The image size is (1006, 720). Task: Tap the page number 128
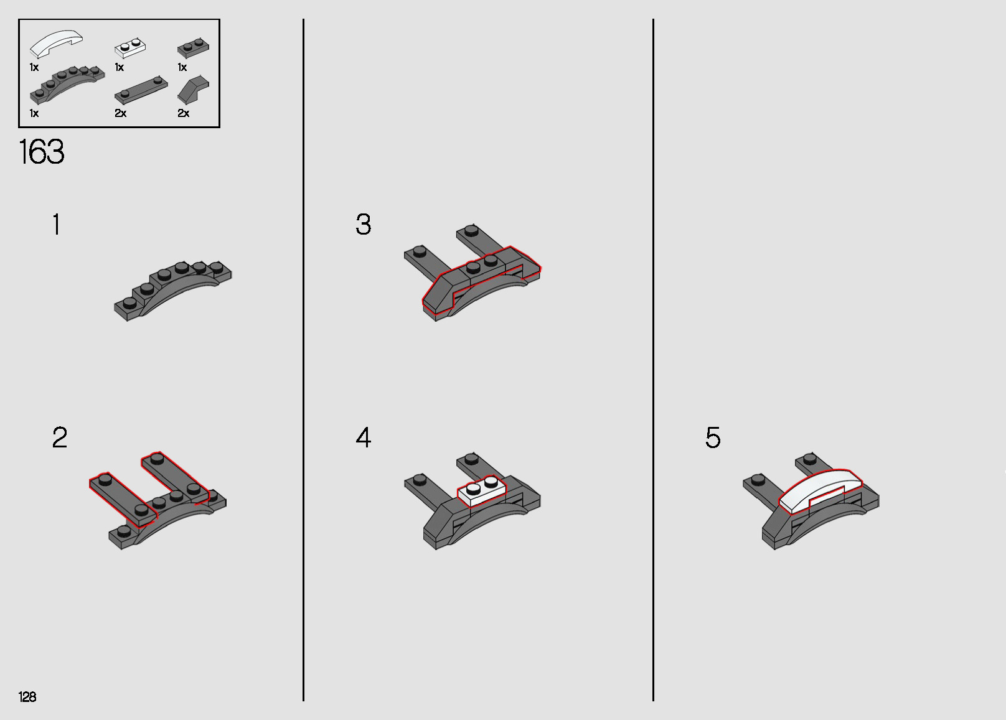pyautogui.click(x=27, y=696)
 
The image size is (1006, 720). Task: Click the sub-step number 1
pyautogui.click(x=57, y=224)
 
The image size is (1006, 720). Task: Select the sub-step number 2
pyautogui.click(x=60, y=437)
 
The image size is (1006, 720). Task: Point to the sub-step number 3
pyautogui.click(x=364, y=224)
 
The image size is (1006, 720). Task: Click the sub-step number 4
pyautogui.click(x=364, y=437)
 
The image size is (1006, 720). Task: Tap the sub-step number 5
pyautogui.click(x=713, y=437)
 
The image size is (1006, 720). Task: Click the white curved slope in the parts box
pyautogui.click(x=56, y=44)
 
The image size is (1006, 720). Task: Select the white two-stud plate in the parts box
pyautogui.click(x=129, y=48)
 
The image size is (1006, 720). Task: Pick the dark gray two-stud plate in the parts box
pyautogui.click(x=193, y=47)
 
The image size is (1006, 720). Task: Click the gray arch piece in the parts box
pyautogui.click(x=67, y=85)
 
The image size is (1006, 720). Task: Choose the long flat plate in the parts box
pyautogui.click(x=141, y=90)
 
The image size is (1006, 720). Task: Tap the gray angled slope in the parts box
pyautogui.click(x=193, y=90)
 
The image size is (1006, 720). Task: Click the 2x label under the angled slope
pyautogui.click(x=183, y=113)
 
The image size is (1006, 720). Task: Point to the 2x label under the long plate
pyautogui.click(x=120, y=113)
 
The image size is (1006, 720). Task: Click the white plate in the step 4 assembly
pyautogui.click(x=481, y=492)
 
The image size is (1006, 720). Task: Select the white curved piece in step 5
pyautogui.click(x=820, y=490)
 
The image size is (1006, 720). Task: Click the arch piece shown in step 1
pyautogui.click(x=173, y=290)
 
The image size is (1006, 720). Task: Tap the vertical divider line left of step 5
pyautogui.click(x=653, y=360)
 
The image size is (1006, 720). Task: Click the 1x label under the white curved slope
pyautogui.click(x=34, y=67)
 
